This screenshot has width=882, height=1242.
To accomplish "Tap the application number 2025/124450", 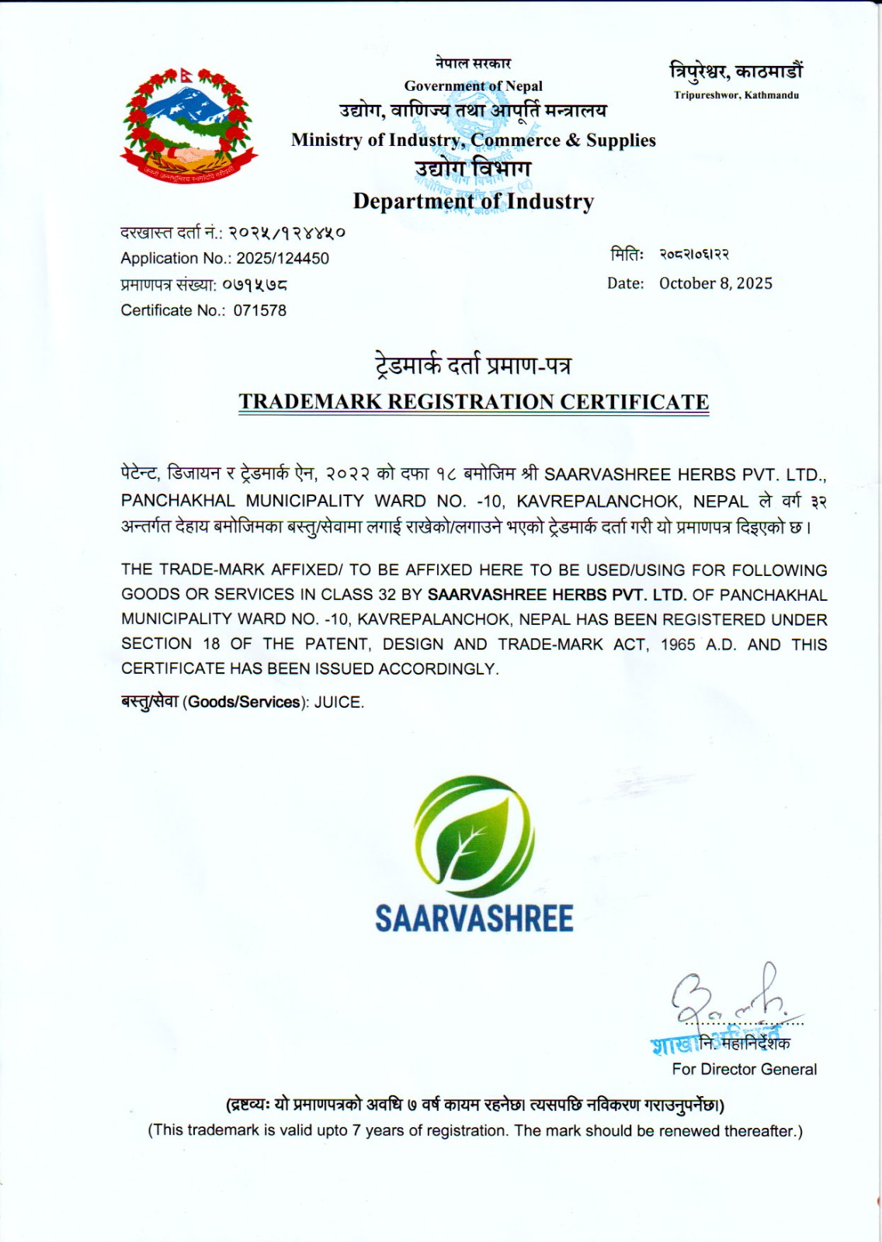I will point(283,258).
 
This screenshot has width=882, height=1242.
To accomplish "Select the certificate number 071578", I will point(260,310).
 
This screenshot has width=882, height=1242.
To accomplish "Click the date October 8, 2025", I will point(715,283).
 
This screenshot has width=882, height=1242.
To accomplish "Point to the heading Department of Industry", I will point(474,201).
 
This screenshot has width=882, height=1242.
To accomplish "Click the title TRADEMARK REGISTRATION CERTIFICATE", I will point(474,402).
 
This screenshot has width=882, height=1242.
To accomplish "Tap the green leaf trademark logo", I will point(474,837).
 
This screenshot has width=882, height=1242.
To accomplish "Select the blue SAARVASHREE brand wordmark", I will point(474,919).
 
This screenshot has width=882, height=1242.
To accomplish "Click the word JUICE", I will point(339,703).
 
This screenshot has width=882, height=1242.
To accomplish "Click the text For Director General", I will point(744,1070).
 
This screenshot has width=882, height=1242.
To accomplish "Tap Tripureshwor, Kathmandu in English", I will point(736,95).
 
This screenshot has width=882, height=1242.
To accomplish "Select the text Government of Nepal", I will point(473,86).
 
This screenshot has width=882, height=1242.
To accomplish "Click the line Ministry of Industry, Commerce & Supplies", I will point(473,141).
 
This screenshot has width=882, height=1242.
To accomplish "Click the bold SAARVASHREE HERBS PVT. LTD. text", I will point(557,595).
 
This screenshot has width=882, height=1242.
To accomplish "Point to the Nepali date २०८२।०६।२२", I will point(694,255).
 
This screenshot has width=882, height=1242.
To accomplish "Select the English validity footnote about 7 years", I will point(475,1131).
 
